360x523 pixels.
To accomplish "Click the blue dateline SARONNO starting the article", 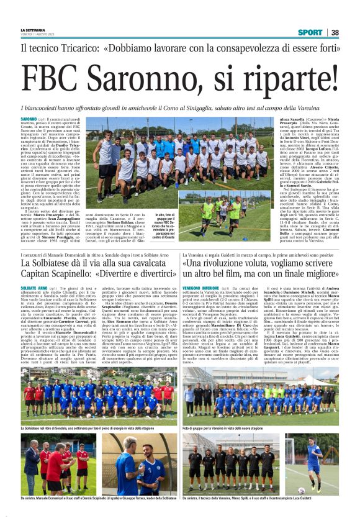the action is [x=29, y=119].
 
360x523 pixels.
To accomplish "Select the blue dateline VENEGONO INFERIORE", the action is [x=202, y=289].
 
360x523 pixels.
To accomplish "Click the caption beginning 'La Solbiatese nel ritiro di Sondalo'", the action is [x=87, y=429].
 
